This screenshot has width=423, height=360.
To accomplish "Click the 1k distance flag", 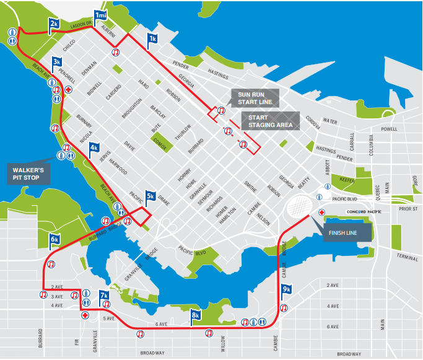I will click(152, 38).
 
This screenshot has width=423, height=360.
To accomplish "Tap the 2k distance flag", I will click(55, 24).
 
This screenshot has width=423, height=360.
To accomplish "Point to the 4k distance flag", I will click(94, 147).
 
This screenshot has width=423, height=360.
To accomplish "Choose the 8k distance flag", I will click(196, 315).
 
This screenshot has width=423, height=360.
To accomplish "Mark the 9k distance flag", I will click(286, 289).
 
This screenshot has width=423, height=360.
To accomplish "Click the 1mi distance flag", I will click(100, 15).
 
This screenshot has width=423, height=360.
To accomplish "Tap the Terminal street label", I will click(408, 256).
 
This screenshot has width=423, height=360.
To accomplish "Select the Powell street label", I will click(390, 129).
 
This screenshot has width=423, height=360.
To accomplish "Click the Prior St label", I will click(409, 209).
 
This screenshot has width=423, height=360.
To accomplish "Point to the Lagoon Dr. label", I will click(81, 25).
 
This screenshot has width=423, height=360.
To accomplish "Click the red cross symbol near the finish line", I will click(321, 213).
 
